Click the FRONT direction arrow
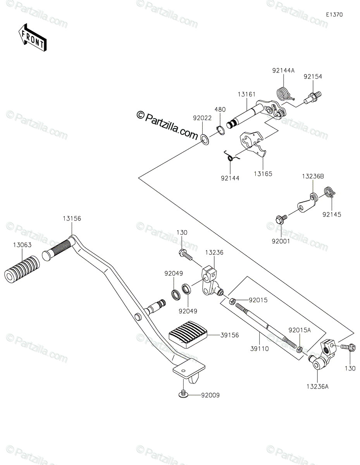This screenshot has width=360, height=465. pos(32,38)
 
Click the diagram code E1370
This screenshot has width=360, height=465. pos(334,15)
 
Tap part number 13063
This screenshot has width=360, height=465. pos(22,245)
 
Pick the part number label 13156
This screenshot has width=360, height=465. pos(72,219)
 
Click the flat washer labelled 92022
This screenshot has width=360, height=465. pos(205,139)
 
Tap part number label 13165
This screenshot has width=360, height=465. pos(263,174)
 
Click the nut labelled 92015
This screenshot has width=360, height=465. pos(232,301)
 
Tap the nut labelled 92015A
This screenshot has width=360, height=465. pos(300,350)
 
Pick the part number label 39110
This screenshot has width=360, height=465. pos(260,349)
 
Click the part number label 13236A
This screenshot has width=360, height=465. pos(317,386)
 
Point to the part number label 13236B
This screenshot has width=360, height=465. pos(313,176)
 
